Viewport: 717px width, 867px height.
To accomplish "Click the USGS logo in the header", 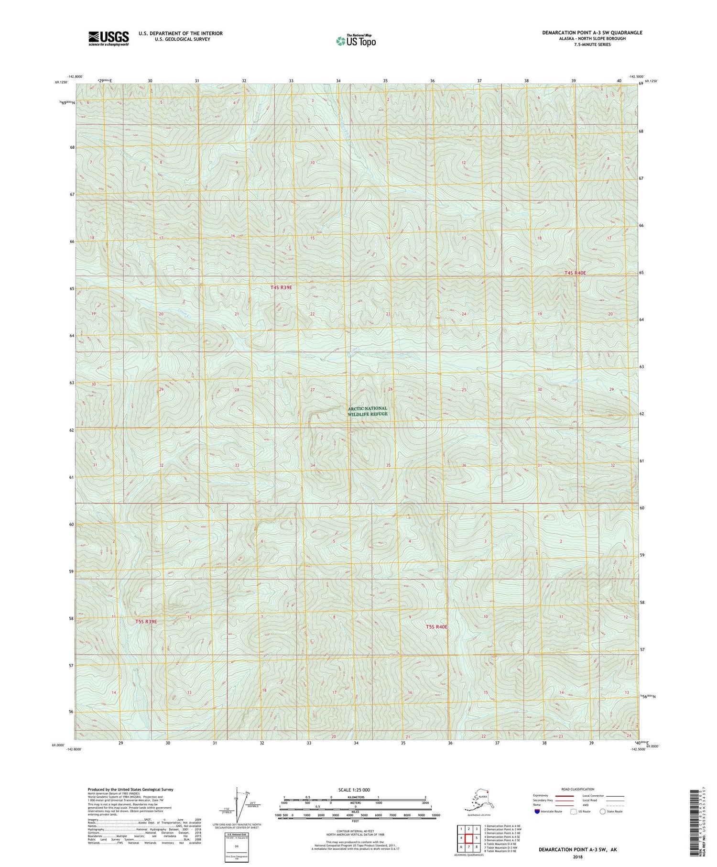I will tap(108, 38).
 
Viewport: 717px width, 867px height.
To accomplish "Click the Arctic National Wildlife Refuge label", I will tap(367, 411).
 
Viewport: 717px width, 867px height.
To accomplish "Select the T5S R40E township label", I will tap(437, 626).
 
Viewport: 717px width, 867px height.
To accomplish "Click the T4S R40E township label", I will tap(575, 273).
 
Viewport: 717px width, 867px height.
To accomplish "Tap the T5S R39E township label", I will tap(146, 622).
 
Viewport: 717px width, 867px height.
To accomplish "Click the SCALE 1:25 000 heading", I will tap(354, 790).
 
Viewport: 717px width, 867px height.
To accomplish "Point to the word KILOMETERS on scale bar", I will tap(354, 797).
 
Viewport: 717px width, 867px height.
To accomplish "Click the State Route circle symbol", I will tap(603, 812).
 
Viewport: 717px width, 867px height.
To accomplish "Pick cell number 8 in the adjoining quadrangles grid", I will tap(477, 846).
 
